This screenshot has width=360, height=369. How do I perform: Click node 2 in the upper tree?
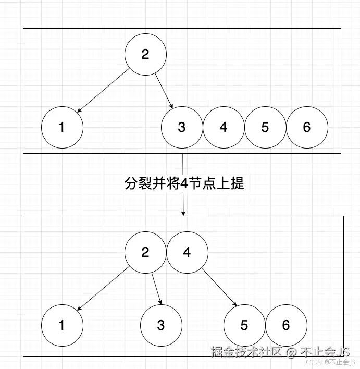(x=145, y=55)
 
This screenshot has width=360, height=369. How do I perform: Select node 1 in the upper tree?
(x=62, y=127)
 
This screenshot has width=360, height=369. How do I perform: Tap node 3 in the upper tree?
(x=182, y=127)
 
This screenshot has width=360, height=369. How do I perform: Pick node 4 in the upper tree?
(x=224, y=127)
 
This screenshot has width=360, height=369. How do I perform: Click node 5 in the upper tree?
(x=265, y=127)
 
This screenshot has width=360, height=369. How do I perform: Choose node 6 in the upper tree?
(x=307, y=127)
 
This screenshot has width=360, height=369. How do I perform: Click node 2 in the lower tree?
(x=145, y=252)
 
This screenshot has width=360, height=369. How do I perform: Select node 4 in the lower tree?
(x=187, y=252)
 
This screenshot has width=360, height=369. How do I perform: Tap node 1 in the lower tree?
(x=62, y=325)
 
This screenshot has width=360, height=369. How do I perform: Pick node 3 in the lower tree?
(x=161, y=325)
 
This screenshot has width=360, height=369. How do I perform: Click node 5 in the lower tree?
(x=244, y=325)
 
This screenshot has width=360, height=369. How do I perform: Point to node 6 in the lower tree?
(x=286, y=325)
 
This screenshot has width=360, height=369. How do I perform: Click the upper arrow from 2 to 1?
(x=103, y=91)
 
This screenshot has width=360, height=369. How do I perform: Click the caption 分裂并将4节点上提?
(x=184, y=183)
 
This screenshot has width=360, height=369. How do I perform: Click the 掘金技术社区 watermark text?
(x=246, y=352)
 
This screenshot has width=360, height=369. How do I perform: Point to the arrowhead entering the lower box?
(x=183, y=213)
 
